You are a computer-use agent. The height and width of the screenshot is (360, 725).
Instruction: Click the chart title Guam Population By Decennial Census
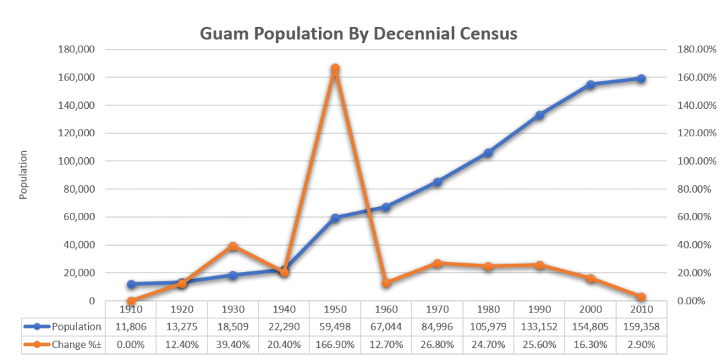(x=359, y=34)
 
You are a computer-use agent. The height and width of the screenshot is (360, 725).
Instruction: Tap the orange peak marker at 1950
(x=335, y=68)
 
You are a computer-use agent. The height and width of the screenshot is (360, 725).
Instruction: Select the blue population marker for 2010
(x=641, y=79)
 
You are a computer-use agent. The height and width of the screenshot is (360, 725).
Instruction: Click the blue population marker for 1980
(x=488, y=152)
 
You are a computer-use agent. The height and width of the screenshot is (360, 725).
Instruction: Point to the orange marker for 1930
(x=233, y=246)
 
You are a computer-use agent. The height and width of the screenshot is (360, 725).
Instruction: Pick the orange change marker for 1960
(x=386, y=283)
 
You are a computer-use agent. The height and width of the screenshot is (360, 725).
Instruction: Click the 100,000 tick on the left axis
(x=77, y=161)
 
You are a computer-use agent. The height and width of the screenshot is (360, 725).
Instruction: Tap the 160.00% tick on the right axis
(x=691, y=78)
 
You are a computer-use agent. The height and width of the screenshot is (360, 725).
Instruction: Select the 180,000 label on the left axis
(x=77, y=50)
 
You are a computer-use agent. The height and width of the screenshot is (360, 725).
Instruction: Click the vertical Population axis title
(x=23, y=175)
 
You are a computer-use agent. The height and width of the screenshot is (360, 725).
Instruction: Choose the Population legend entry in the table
(x=64, y=327)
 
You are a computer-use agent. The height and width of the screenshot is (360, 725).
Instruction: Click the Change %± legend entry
(x=64, y=345)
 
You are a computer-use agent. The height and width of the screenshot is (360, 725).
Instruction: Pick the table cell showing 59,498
(x=335, y=327)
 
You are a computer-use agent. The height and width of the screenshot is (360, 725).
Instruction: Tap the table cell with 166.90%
(x=335, y=345)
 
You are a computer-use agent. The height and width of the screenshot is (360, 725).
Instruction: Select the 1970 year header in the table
(x=437, y=309)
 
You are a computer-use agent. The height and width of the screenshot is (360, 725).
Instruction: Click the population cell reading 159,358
(x=641, y=327)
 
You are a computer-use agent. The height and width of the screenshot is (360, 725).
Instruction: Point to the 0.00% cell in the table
(x=131, y=345)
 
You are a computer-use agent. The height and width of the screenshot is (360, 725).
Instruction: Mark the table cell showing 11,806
(x=131, y=327)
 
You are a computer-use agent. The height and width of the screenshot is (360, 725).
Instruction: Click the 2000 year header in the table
(x=590, y=309)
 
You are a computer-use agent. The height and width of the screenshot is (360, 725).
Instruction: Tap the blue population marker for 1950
(x=335, y=218)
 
